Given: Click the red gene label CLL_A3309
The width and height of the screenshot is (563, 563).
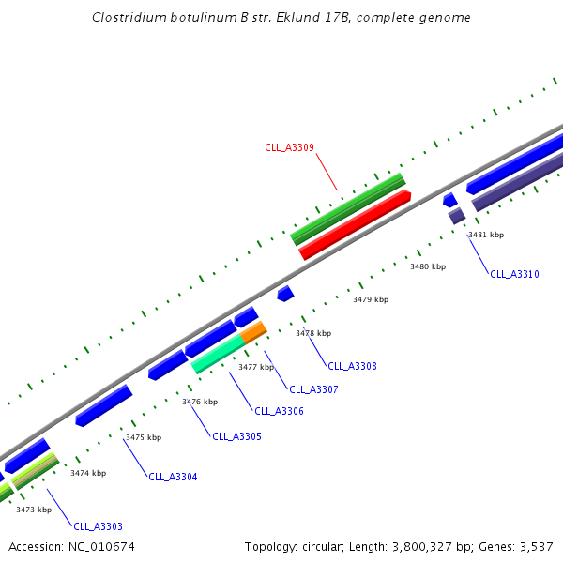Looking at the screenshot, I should [x=289, y=147].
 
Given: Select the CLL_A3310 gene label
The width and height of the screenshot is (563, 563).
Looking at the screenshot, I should [x=514, y=274].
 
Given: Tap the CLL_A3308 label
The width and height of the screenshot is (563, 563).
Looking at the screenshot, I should [x=352, y=366].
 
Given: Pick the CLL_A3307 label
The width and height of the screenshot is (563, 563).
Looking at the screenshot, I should [x=313, y=389].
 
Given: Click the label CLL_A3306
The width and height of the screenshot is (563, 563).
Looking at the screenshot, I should [x=279, y=411].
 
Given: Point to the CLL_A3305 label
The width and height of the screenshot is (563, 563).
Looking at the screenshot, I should [x=236, y=436].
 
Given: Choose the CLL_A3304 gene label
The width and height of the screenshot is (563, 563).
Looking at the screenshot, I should [x=173, y=477].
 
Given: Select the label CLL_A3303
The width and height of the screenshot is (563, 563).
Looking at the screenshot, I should [x=98, y=526].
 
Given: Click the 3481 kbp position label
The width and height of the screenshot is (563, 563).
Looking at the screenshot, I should [x=486, y=235].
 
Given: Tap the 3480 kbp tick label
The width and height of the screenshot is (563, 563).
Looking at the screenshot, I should [x=428, y=266].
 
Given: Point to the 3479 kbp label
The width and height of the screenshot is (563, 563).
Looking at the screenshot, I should [x=371, y=299].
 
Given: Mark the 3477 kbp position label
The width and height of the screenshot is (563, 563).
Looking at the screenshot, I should [x=256, y=367].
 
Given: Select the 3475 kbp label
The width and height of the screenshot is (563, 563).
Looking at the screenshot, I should [x=144, y=437].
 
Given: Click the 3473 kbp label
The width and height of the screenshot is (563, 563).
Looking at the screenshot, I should [x=34, y=509].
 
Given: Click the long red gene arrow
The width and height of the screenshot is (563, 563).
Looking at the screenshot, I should [x=355, y=225].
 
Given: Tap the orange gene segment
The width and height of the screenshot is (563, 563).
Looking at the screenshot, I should [x=253, y=332].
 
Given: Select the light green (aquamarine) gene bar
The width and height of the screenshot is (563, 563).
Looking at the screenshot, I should [x=219, y=354].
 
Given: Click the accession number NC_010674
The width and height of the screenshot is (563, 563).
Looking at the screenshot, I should [x=102, y=546].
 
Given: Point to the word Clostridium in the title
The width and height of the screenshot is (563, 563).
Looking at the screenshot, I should [x=129, y=18].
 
